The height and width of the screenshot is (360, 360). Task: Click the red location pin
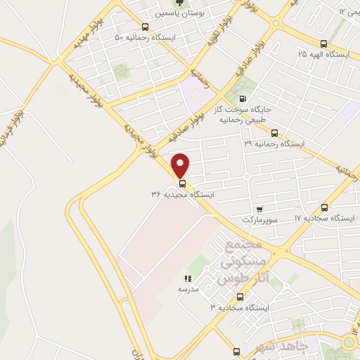(x=181, y=165)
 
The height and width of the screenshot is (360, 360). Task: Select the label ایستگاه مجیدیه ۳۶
(x=182, y=193)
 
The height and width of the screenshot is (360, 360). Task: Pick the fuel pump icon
(x=243, y=99)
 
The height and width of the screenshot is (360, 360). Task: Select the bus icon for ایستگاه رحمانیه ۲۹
(x=274, y=132)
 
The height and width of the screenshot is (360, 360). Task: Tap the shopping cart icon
(x=259, y=209)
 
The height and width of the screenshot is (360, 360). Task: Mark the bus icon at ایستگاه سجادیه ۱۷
(x=324, y=207)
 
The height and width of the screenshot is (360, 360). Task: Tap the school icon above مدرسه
(x=188, y=278)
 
